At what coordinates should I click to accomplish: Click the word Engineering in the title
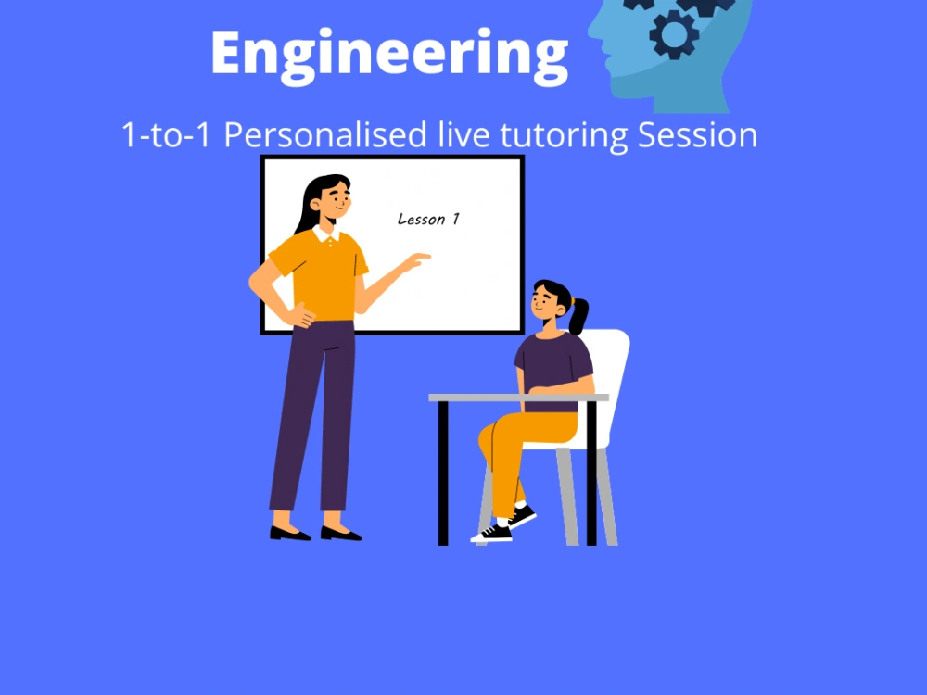[388, 53]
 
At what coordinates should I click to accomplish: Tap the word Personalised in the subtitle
[326, 135]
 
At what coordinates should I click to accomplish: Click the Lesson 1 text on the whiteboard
[428, 220]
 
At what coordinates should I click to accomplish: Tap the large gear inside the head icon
[674, 34]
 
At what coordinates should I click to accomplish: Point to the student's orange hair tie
[571, 301]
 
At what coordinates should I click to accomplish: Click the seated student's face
[546, 302]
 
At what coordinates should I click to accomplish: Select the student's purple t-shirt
[553, 361]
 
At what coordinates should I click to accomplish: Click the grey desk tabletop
[518, 398]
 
